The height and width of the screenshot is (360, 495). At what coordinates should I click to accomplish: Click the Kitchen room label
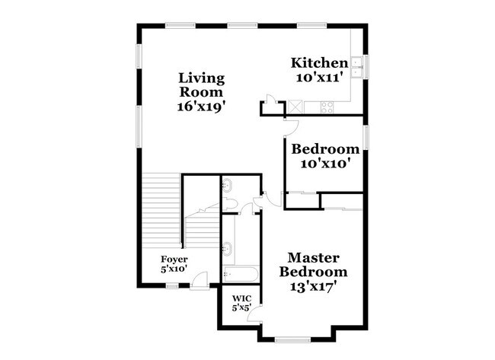point(320,62)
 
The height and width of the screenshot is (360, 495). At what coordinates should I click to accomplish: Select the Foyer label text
point(174,259)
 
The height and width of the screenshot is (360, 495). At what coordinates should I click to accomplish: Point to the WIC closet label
point(241,298)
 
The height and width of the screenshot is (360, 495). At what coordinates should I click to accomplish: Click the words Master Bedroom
point(313,265)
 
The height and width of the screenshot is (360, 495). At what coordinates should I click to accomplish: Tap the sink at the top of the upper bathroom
point(228,184)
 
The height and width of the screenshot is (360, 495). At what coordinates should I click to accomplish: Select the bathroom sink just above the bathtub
point(228,247)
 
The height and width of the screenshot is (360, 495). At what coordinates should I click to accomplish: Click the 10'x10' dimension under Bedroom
point(320,162)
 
